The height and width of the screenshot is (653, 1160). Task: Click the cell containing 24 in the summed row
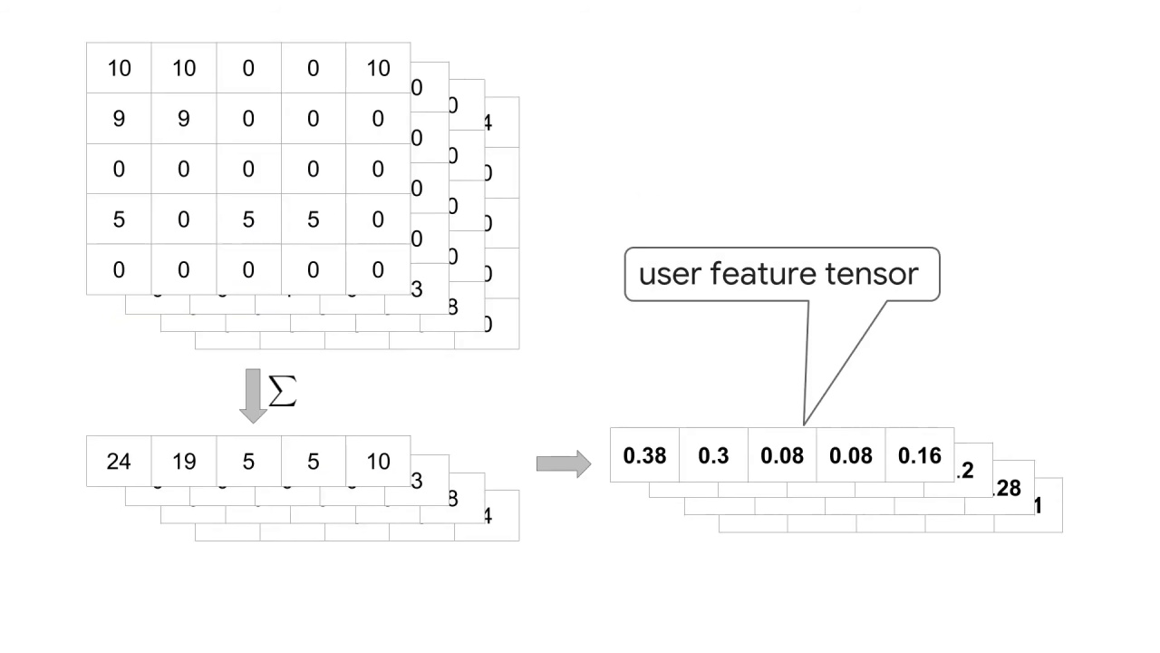(119, 462)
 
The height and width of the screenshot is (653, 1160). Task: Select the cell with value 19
(184, 462)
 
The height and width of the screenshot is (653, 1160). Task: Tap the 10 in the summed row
(378, 462)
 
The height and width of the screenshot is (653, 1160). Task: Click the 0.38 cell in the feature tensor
(644, 455)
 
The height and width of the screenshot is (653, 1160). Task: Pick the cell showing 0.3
(713, 455)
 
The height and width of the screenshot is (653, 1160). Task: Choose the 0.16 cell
(920, 455)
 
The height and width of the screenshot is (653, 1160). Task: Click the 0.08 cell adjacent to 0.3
(782, 455)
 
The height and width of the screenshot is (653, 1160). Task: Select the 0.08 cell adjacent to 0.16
(851, 455)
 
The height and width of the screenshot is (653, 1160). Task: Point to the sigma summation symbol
(283, 391)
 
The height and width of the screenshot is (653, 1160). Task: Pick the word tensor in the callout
(874, 274)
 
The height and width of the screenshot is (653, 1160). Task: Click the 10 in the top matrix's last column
(378, 68)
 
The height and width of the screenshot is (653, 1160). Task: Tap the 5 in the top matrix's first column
(119, 219)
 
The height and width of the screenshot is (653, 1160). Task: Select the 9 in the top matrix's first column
(119, 119)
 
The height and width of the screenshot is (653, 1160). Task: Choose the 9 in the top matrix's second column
(184, 119)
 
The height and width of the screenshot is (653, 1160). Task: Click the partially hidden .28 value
(1008, 489)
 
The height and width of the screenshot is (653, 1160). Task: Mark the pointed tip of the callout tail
(804, 424)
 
